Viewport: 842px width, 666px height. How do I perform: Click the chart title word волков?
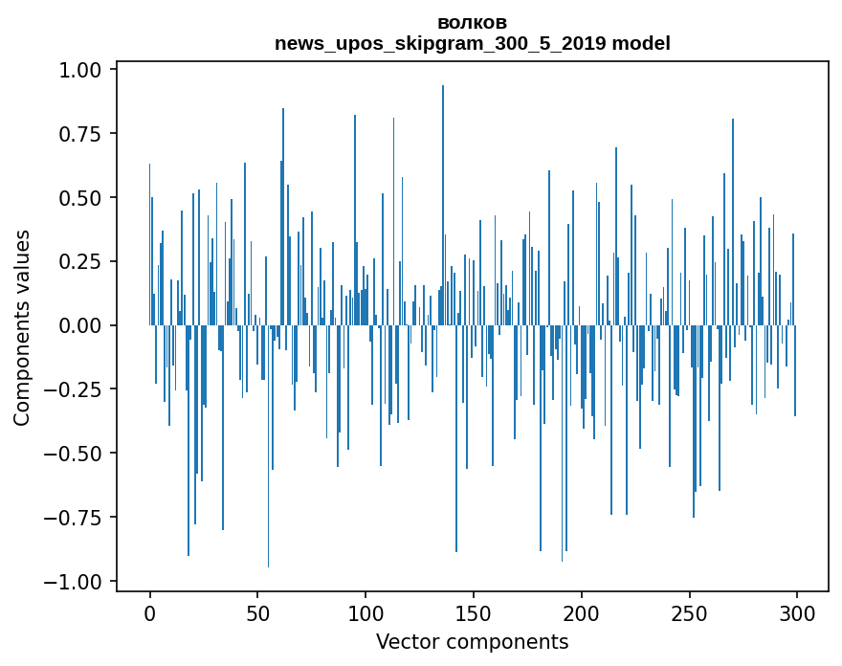coord(472,22)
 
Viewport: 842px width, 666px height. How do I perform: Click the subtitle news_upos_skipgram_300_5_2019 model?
coord(472,43)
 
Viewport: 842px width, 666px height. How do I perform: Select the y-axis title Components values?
coord(22,327)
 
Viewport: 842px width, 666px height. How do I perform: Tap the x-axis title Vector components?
coord(472,641)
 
